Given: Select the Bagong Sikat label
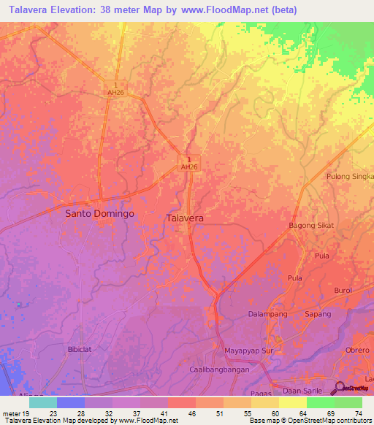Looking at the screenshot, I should pyautogui.click(x=311, y=225).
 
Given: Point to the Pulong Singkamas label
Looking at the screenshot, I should pyautogui.click(x=350, y=176).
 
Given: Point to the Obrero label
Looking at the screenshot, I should pyautogui.click(x=358, y=350).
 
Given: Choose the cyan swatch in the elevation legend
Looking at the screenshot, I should pyautogui.click(x=42, y=402).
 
